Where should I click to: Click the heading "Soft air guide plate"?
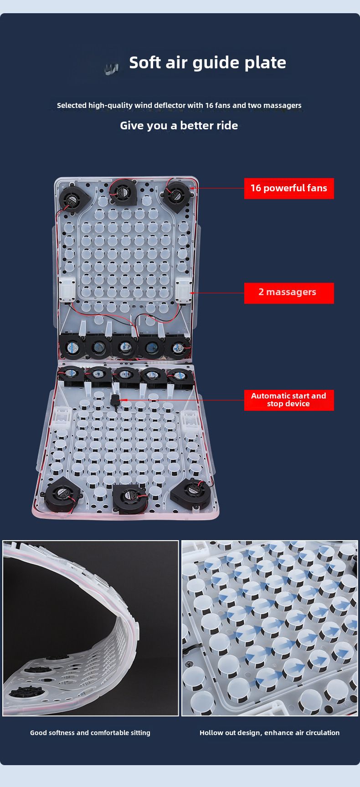coord(207,63)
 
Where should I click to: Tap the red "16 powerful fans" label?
coord(289,188)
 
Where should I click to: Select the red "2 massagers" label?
coord(289,293)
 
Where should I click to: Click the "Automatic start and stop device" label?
coord(289,400)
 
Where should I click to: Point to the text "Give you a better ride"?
coord(179,125)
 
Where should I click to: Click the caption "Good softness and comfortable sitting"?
coord(90,733)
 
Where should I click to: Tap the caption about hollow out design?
coord(269,733)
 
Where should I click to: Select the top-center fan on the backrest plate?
coord(121,193)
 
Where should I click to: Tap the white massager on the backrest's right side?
coord(184,290)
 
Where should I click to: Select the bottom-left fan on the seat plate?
coord(62,496)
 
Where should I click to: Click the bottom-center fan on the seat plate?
coord(130,498)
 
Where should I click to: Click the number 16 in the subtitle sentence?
coord(209,105)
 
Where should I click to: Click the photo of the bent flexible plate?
coord(90,628)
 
